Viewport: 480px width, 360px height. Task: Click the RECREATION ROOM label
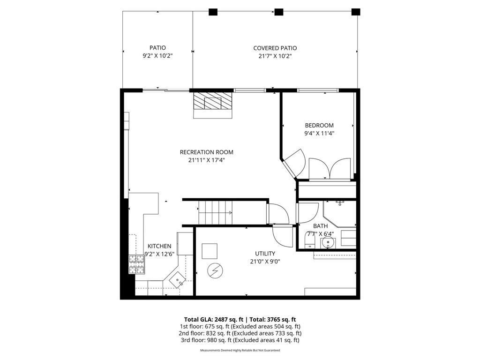(x=206, y=152)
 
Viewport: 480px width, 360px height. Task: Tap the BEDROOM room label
(x=319, y=125)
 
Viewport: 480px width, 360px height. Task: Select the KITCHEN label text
(x=159, y=246)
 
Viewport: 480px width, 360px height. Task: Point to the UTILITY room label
(x=265, y=254)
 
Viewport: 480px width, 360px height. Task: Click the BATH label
(x=321, y=226)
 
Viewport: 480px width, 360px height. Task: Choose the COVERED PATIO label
(x=275, y=48)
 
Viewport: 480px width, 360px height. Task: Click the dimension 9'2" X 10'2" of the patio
(x=157, y=56)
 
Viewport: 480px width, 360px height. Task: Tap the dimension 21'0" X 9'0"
(x=265, y=262)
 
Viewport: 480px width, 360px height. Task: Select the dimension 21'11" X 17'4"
(x=206, y=160)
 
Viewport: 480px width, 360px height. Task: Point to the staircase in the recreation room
(x=216, y=212)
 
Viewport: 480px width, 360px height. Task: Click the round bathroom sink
(x=327, y=243)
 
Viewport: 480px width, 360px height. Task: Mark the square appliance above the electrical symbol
(x=210, y=251)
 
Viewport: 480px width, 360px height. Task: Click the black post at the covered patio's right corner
(x=356, y=12)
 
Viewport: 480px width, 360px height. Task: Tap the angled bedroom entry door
(x=294, y=163)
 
